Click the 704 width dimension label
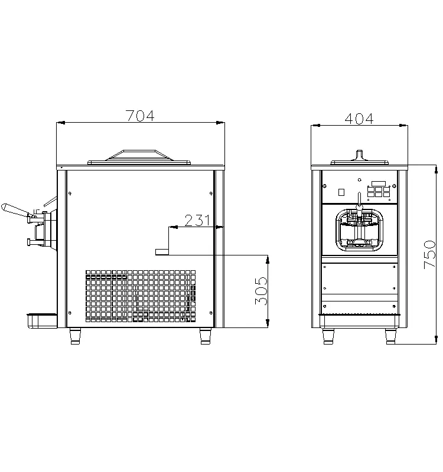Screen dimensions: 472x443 click(x=140, y=116)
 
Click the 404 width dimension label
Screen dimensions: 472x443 click(x=359, y=118)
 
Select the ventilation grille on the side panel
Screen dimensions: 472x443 click(x=140, y=299)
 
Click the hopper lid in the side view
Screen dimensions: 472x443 click(x=140, y=156)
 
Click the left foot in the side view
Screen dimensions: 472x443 click(x=75, y=336)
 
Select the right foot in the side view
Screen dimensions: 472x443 click(x=205, y=336)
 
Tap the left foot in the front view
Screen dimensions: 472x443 click(x=328, y=336)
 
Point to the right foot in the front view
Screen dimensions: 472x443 click(x=391, y=336)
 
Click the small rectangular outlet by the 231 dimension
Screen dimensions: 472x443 click(x=161, y=252)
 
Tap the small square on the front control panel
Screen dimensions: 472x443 click(x=341, y=192)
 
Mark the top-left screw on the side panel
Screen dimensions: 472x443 click(x=71, y=194)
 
